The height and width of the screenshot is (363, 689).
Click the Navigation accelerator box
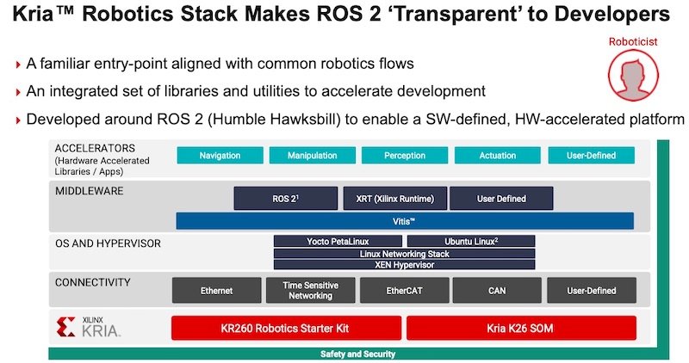click(220, 156)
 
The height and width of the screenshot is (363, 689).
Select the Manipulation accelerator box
click(312, 156)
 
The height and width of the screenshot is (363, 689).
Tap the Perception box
click(405, 156)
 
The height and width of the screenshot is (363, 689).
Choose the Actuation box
click(498, 156)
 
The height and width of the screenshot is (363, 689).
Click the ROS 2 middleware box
click(284, 199)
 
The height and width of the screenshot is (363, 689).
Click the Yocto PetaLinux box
click(337, 242)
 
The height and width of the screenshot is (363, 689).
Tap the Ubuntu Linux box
click(470, 242)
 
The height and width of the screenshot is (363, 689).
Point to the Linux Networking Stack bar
click(404, 254)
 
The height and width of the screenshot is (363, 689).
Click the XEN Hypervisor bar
click(404, 265)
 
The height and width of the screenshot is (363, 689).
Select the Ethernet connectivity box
click(216, 291)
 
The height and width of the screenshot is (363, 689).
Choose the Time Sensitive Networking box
click(310, 291)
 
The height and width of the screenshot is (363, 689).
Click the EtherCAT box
click(403, 291)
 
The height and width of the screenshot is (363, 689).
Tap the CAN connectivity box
click(497, 291)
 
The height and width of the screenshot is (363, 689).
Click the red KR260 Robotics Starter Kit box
click(287, 328)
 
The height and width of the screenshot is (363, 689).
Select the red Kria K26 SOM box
click(521, 328)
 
